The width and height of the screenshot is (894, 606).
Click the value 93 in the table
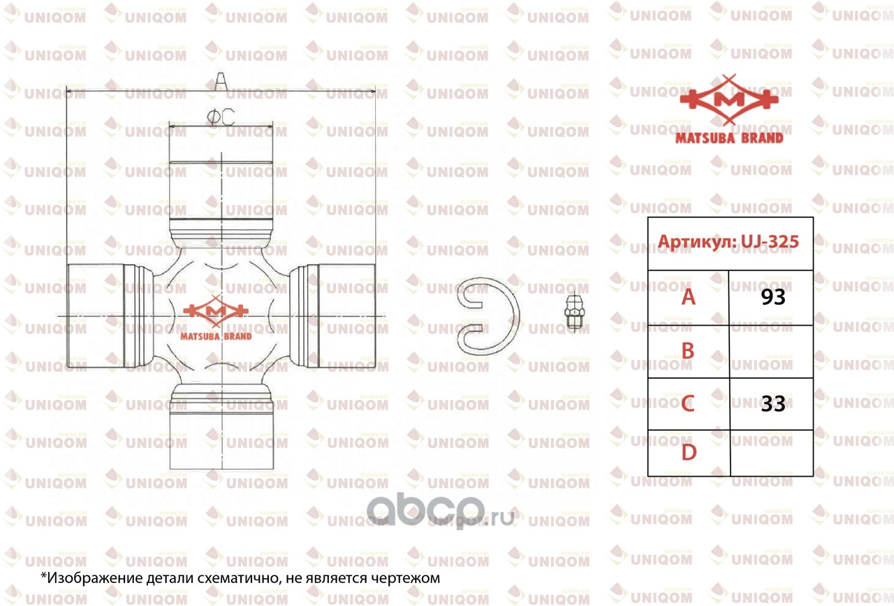coord(773,298)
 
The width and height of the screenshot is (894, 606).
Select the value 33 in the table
coord(773,403)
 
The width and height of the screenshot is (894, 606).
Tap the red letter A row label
coord(689,298)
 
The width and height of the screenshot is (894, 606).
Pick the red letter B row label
coord(688,351)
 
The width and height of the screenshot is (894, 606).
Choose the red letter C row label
coord(688,403)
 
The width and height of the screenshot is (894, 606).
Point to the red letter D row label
coord(689,453)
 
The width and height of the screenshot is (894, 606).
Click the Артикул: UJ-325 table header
coord(729,242)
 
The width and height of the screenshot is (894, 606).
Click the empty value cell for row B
coord(771,351)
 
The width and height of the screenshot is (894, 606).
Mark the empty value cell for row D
coord(771,453)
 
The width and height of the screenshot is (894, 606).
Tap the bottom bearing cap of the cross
coord(221,433)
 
